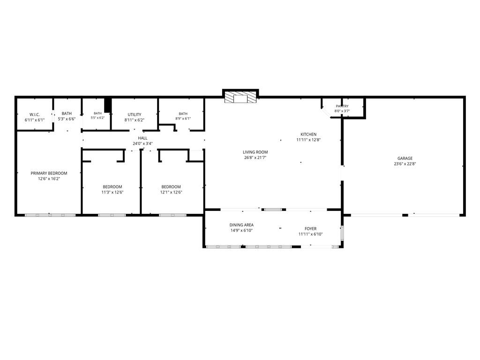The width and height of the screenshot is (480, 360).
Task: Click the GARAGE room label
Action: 405,158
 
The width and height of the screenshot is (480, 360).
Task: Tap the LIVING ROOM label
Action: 255,152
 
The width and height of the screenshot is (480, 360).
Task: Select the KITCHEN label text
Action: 308,135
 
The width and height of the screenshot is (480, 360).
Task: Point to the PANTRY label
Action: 342,106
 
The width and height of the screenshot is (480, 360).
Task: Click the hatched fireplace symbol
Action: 240,97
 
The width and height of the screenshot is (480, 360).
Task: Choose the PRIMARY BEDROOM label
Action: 49,173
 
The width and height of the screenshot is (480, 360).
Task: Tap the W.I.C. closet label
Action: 35,114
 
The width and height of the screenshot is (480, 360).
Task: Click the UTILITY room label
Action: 135,114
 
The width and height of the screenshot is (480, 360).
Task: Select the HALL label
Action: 142,138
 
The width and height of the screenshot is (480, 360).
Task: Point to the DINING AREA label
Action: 241,225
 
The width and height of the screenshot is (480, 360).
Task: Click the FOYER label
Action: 310,229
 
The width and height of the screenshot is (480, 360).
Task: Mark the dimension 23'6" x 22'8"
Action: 405,164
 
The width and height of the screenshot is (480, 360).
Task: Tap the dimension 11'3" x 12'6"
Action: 112,192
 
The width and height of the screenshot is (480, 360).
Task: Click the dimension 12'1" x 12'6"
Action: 171,192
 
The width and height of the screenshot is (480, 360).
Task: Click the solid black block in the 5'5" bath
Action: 107,105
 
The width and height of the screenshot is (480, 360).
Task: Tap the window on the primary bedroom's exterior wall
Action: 50,215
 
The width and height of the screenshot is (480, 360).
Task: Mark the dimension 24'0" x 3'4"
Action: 142,143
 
